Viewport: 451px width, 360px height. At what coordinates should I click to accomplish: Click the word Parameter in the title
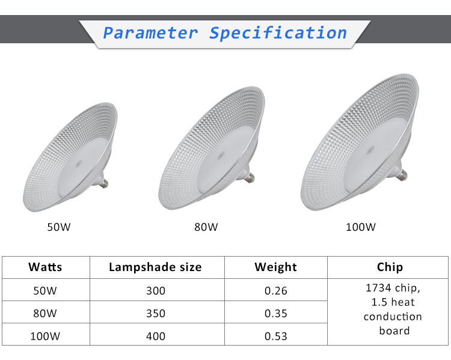150,33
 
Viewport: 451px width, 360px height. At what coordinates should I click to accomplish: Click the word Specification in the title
278,33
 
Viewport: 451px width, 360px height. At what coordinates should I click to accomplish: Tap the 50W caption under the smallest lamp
59,227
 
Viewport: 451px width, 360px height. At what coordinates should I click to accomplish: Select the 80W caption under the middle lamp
206,227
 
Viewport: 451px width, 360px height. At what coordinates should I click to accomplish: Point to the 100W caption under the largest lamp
361,227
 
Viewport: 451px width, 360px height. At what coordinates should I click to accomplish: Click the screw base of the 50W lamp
103,182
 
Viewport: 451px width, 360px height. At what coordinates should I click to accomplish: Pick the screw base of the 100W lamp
402,174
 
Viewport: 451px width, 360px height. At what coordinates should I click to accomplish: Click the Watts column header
45,267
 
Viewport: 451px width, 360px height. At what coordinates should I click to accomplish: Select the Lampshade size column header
155,267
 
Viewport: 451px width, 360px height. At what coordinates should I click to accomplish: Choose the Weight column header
275,267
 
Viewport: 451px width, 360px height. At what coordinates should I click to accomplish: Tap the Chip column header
390,267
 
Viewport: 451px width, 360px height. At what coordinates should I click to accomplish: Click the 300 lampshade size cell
156,291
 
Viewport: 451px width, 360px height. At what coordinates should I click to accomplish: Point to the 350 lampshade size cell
156,313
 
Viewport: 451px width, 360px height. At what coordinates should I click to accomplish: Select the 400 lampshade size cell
156,336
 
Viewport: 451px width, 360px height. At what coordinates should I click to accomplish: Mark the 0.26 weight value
276,291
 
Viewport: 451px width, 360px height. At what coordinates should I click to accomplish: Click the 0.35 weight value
276,313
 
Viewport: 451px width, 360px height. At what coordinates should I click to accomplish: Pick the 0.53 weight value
276,336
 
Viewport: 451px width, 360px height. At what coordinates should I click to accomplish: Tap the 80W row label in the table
45,313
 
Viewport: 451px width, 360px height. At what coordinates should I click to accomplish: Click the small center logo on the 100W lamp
370,150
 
